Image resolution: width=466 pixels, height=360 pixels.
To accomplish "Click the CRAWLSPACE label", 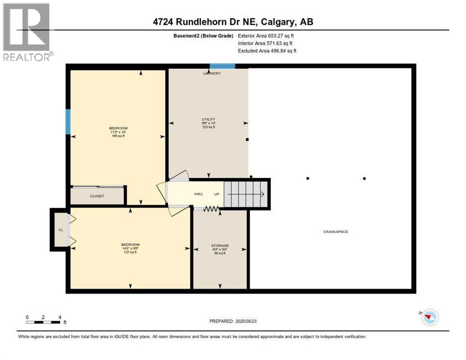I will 335,232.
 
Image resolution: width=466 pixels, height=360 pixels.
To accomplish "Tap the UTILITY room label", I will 209,120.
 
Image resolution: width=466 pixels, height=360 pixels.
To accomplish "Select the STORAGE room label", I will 219,246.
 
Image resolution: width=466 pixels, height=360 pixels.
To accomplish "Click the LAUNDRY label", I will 212,74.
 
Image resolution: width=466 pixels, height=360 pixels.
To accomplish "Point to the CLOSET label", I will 97,196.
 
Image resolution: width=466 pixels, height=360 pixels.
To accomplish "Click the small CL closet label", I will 60,230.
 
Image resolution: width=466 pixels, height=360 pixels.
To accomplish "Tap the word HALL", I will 199,194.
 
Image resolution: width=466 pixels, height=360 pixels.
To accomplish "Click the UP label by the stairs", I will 217,194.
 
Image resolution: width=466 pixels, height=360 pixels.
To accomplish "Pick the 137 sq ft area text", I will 130,252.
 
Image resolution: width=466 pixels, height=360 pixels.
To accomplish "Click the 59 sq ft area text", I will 219,253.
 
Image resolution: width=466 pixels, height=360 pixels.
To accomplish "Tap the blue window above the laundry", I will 222,66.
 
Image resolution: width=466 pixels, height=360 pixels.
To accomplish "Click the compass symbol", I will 429,317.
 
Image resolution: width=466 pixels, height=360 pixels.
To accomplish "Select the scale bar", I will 44,322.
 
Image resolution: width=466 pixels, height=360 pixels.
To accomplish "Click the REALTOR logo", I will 27,32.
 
